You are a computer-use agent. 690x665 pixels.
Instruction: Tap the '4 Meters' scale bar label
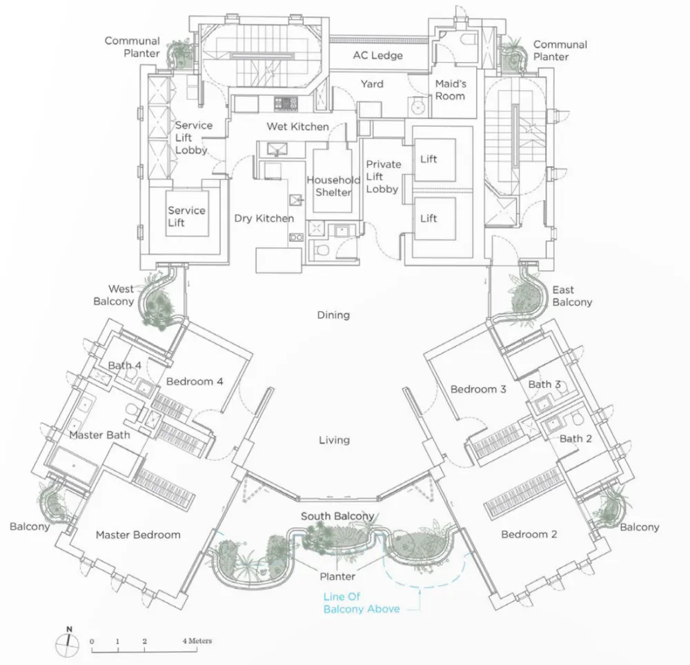coord(197,641)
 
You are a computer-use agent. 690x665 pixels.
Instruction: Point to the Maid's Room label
coord(450,90)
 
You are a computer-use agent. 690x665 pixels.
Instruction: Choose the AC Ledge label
coord(377,55)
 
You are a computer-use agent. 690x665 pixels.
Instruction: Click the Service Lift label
coord(186,217)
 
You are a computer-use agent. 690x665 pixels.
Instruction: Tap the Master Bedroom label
coord(138,535)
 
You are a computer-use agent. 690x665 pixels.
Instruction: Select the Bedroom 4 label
coord(195,381)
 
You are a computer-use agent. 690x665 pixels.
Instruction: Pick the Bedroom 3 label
coord(478,389)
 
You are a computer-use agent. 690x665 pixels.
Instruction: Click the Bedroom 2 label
coord(529,535)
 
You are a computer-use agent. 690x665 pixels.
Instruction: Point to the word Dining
coord(333,315)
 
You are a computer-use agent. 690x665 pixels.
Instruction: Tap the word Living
coord(334,440)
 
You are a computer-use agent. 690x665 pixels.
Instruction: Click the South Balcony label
coord(337,516)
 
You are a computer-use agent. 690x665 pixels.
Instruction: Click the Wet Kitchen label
coord(298,127)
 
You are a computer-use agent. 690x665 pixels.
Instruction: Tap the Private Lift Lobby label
coord(382,177)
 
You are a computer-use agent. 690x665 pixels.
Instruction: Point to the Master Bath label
coord(99,435)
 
